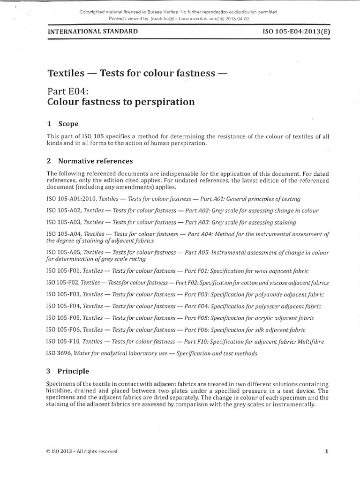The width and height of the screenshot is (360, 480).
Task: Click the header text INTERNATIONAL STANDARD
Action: pos(92,31)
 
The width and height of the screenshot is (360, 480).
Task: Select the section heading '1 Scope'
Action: pos(63,124)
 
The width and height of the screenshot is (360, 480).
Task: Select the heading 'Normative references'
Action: pos(95,161)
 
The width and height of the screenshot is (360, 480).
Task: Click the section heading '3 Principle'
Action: pos(68,371)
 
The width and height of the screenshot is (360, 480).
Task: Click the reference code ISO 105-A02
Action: pos(63,211)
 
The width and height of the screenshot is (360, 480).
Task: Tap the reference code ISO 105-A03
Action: pos(63,223)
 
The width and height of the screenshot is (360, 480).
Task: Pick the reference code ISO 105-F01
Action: pos(63,271)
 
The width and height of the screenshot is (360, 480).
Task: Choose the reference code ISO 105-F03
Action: pos(63,295)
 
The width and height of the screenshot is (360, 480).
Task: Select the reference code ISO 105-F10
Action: pos(63,342)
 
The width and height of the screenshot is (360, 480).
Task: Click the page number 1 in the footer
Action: pos(326,451)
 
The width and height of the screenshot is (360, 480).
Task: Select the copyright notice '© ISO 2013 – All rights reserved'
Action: pos(82,451)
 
